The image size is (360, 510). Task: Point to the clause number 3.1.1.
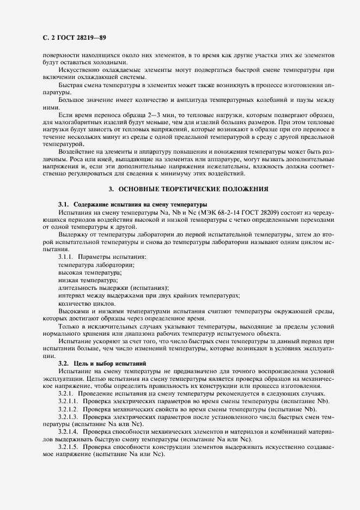click(x=66, y=256)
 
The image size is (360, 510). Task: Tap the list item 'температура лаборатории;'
click(x=95, y=264)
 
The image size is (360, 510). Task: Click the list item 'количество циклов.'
click(x=86, y=302)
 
